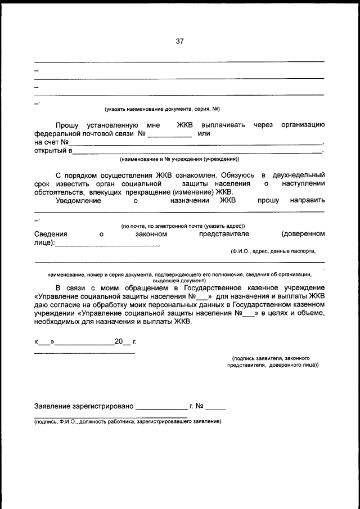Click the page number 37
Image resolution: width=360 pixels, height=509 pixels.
179,40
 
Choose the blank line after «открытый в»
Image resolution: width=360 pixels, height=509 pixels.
197,151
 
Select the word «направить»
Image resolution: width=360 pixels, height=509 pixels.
307,200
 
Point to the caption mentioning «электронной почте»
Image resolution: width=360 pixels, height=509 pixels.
183,226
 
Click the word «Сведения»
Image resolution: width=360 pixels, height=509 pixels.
51,233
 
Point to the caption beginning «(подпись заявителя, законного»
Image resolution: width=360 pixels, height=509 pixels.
271,358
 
